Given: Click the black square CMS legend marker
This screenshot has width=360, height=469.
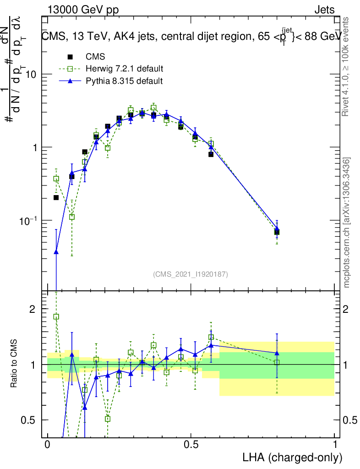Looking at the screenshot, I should coord(70,57).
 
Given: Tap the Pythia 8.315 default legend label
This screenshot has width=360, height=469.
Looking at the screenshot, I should coord(124,81).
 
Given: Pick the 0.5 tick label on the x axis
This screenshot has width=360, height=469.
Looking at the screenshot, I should coord(191,445).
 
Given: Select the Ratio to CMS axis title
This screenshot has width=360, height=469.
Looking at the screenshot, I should coord(14,365).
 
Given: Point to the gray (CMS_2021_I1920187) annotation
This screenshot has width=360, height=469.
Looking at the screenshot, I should coord(191,274).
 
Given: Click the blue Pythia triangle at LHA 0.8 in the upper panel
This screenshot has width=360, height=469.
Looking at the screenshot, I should coord(277,229).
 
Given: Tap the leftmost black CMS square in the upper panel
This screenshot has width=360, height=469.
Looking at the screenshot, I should coord(56,197).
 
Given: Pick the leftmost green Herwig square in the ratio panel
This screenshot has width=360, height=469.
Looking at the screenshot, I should coord(56,316).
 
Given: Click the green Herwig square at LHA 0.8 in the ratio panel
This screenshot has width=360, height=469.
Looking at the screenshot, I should coord(277,362).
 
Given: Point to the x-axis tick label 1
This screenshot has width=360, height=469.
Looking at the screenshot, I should coord(334,445).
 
